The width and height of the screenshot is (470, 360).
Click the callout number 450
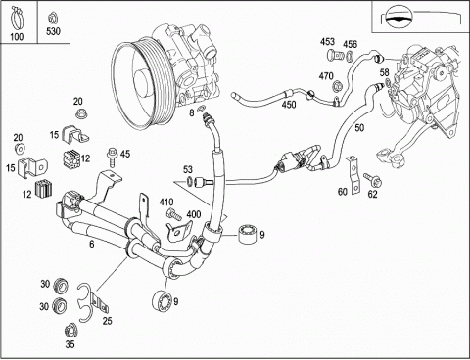click(289, 105)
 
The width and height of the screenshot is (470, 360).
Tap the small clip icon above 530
click(53, 19)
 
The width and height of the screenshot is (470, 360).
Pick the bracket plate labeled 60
click(353, 175)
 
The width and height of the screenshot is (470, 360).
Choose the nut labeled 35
click(70, 331)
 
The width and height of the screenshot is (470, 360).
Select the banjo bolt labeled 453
click(334, 55)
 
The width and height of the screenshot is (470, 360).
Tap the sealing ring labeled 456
click(350, 56)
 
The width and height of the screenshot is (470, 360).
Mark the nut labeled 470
click(337, 87)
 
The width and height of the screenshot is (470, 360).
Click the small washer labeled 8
click(202, 108)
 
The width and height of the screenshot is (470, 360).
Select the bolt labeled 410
click(173, 213)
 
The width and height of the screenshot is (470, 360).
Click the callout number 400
click(194, 214)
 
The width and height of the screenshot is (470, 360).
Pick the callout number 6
click(92, 245)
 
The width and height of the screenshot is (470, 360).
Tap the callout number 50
click(359, 127)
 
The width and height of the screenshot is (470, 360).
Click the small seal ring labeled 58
click(388, 81)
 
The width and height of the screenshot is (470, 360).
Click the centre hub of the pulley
click(143, 82)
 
